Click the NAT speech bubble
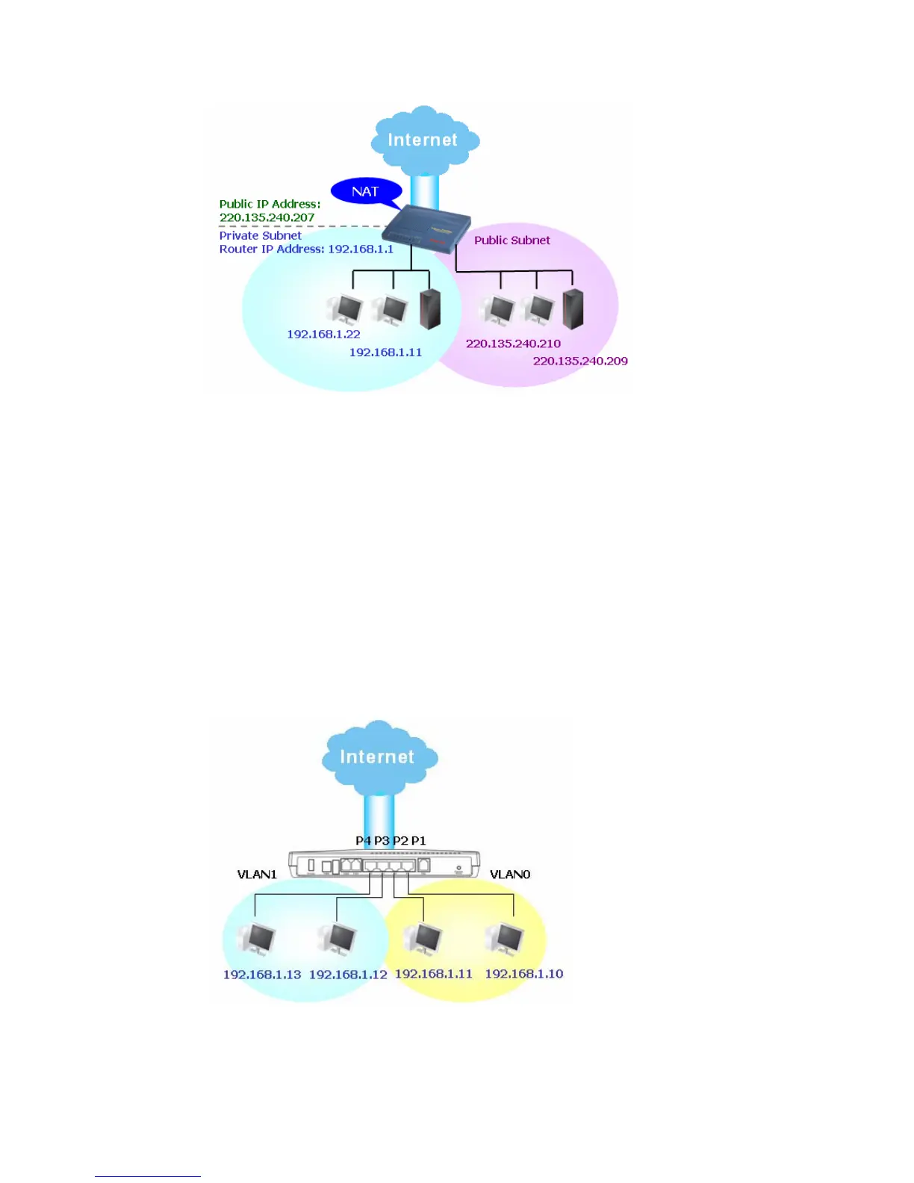click(x=365, y=191)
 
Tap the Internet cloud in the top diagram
click(x=423, y=140)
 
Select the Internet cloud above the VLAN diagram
click(x=378, y=756)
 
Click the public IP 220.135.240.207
click(x=267, y=217)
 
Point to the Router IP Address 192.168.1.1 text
click(x=306, y=249)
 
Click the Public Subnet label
click(x=512, y=240)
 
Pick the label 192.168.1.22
click(x=323, y=334)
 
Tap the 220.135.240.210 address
click(x=513, y=344)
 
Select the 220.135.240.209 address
click(x=580, y=361)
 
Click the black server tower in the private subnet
click(x=430, y=309)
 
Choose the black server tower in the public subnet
click(x=573, y=308)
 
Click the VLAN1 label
click(x=257, y=874)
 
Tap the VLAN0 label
click(x=510, y=874)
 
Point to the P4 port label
click(x=363, y=840)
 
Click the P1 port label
click(x=418, y=840)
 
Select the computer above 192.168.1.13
click(x=258, y=940)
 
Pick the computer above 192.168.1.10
click(x=506, y=939)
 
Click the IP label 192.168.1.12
click(x=348, y=974)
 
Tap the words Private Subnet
click(x=260, y=235)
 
